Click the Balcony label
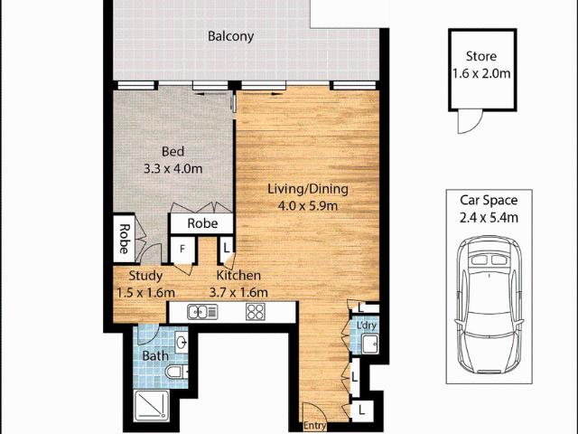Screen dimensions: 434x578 230,37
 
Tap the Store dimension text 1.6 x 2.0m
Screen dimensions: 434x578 482,73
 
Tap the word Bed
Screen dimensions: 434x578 172,152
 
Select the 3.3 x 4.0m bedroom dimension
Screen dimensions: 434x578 172,168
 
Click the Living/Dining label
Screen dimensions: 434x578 307,190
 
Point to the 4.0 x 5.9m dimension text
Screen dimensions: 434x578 307,206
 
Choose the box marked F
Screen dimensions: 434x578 182,247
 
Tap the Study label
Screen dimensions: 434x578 144,276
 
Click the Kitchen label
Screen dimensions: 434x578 238,276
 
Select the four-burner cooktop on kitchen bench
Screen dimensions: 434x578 256,312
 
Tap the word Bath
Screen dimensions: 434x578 154,356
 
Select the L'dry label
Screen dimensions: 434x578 366,325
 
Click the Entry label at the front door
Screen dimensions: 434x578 315,426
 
